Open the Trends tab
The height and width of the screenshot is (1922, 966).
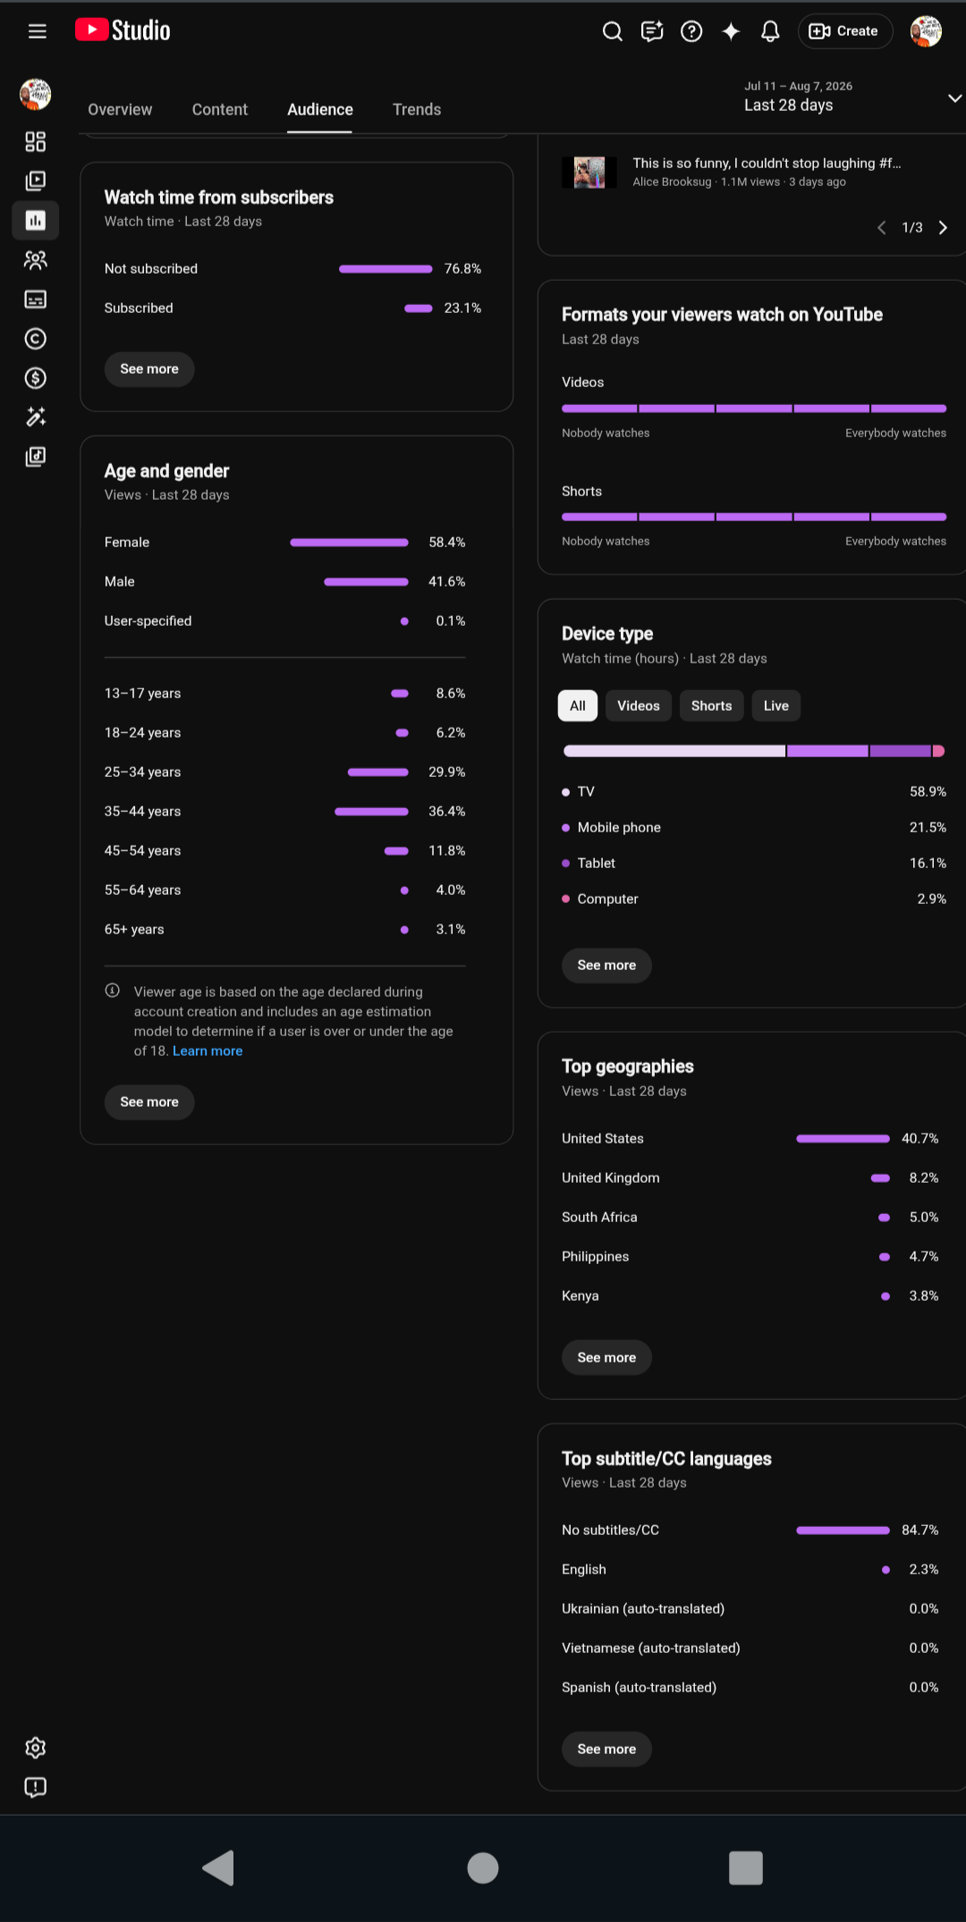(x=417, y=109)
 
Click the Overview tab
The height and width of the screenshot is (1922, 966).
(x=120, y=109)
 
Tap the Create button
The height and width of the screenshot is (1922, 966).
(x=844, y=31)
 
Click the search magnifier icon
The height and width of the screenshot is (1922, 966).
(x=613, y=31)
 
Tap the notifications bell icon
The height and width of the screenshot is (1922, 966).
(x=770, y=31)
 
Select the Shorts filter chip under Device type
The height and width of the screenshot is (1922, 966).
(x=711, y=705)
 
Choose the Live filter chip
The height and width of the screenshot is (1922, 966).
(x=776, y=705)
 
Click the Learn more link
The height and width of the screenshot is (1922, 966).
(x=208, y=1051)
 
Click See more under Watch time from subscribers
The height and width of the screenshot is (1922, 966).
(x=149, y=369)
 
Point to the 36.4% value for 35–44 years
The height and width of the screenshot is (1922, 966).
(x=447, y=812)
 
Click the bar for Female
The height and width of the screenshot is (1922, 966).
(x=350, y=543)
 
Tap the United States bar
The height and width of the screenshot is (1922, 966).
(x=843, y=1139)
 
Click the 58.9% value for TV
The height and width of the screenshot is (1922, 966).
(x=928, y=792)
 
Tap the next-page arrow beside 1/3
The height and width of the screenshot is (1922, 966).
(x=943, y=228)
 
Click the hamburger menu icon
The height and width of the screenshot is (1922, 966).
(x=38, y=31)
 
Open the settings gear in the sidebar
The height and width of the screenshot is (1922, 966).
(x=36, y=1748)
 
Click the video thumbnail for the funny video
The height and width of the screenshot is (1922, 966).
(x=589, y=173)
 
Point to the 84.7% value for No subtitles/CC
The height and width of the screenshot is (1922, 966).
(x=920, y=1530)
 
